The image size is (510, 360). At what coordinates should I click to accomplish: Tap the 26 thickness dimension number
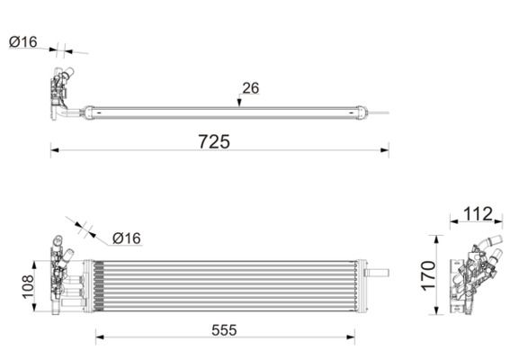click(249, 88)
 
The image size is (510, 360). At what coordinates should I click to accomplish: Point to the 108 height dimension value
click(27, 287)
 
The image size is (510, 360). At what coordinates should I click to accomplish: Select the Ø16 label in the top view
click(23, 41)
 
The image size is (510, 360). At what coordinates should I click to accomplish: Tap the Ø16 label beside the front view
click(127, 238)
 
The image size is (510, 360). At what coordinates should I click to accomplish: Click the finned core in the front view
click(225, 285)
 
